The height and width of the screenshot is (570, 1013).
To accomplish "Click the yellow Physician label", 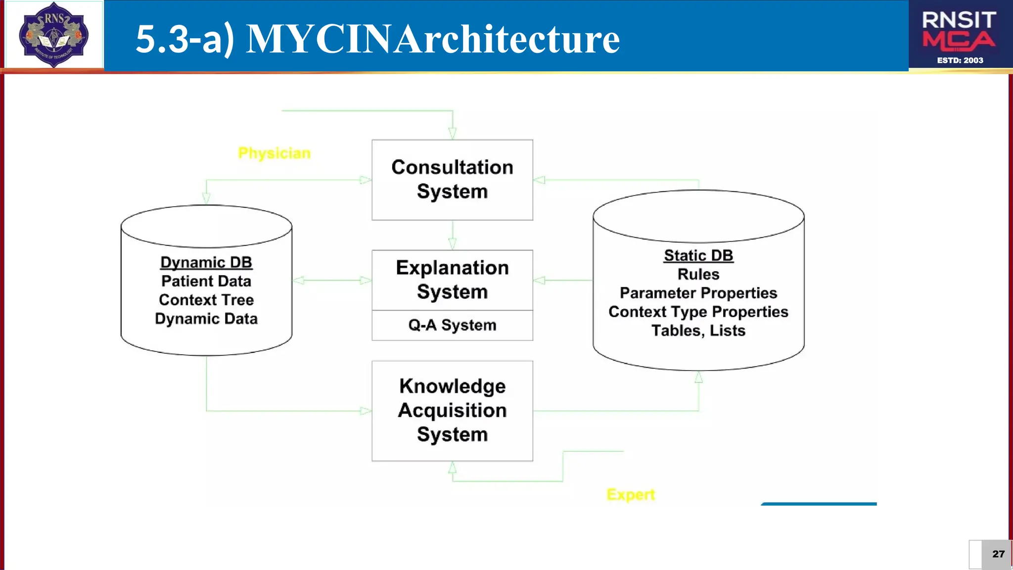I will (x=274, y=153).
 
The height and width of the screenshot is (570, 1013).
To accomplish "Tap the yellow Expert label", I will (x=631, y=494).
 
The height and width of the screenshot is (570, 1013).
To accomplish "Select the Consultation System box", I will (x=452, y=180).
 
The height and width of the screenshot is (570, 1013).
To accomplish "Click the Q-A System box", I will (x=452, y=325).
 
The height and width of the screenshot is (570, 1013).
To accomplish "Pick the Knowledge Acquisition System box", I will (x=452, y=410).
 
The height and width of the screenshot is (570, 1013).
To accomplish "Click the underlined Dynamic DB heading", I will (x=206, y=262).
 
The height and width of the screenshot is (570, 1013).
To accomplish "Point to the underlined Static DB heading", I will (x=698, y=255).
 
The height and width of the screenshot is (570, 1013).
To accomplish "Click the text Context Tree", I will (x=206, y=300).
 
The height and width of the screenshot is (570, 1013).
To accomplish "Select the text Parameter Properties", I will (x=698, y=293).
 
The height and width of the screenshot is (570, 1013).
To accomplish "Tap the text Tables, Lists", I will (x=698, y=331).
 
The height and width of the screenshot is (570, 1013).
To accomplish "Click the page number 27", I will (x=998, y=554).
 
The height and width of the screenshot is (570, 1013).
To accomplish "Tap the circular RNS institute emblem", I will (x=53, y=35).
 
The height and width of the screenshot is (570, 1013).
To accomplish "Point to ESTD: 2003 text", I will (x=960, y=60).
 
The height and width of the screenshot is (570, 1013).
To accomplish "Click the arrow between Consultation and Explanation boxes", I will (x=452, y=236).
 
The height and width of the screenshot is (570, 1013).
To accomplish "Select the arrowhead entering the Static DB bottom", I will (x=698, y=378).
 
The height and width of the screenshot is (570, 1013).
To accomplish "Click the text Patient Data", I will (x=206, y=281).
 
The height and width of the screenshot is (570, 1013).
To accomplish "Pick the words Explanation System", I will (x=452, y=280).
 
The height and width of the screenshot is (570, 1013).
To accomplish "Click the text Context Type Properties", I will (x=698, y=312).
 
